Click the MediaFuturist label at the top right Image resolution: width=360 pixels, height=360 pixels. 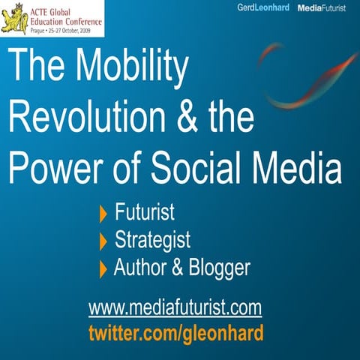tap(325, 7)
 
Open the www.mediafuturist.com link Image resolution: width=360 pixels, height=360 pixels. tap(175, 307)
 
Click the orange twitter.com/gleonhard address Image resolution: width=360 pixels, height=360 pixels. tap(175, 332)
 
